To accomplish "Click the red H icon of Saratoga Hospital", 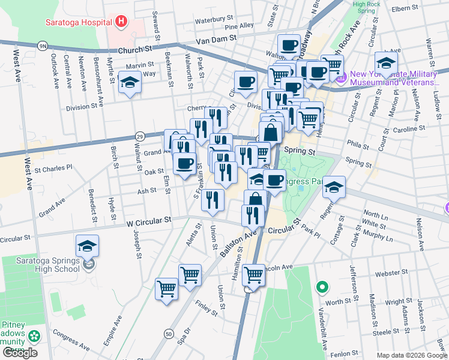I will coord(122,23).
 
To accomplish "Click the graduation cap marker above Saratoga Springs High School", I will coord(88,246).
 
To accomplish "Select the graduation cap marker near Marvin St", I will coord(130,83).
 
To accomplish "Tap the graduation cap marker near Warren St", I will coord(387,62).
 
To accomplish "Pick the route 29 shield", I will coord(139,136).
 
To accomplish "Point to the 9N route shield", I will coord(42,46).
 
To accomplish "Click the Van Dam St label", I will coord(218,39).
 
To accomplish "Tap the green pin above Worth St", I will coord(322,287).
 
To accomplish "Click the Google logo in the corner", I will coord(20,352).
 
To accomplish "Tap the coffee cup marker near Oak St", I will coord(184,162).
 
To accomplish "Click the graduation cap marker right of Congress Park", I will coord(334,187).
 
